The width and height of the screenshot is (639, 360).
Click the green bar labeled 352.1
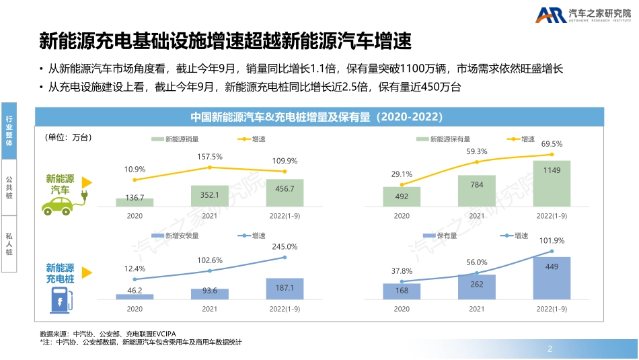[x=209, y=195]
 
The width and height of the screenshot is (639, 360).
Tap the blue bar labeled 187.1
[x=285, y=288]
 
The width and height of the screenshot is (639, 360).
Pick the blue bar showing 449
[x=552, y=278]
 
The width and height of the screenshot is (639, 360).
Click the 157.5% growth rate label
[x=210, y=156]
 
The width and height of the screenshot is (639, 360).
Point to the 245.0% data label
[x=285, y=246]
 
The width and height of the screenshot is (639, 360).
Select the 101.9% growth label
[x=552, y=240]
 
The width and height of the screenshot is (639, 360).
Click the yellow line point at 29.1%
[x=402, y=184]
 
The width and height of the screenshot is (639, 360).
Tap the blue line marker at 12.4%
[x=135, y=279]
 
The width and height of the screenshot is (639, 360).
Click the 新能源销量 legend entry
[x=175, y=139]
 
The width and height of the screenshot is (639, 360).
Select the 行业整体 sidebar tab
[x=9, y=131]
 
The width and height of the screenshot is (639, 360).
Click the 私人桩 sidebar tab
[x=9, y=244]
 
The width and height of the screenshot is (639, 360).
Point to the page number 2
[x=550, y=349]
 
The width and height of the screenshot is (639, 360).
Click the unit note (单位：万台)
[x=68, y=137]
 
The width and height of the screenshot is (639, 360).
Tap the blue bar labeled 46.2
[x=135, y=296]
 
